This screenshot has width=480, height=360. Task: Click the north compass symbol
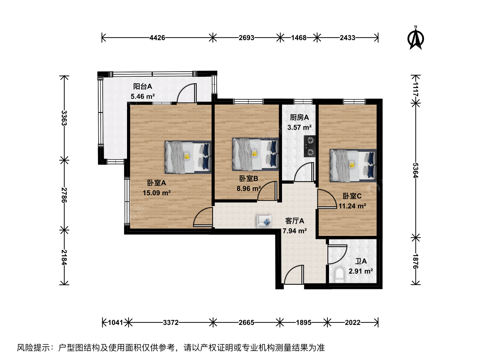click(x=415, y=38)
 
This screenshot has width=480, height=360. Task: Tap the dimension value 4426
click(x=157, y=38)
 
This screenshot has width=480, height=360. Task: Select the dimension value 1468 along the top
click(x=298, y=38)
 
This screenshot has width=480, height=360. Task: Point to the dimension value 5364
click(x=415, y=170)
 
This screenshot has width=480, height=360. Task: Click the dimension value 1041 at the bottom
click(x=115, y=322)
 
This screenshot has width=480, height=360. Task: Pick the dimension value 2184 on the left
click(x=64, y=257)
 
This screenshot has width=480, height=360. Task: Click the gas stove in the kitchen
click(x=310, y=146)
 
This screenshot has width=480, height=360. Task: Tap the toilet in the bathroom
click(x=339, y=275)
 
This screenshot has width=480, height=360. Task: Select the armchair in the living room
click(x=264, y=221)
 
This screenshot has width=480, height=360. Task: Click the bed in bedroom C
click(x=353, y=165)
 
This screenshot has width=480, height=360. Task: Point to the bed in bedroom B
click(x=255, y=154)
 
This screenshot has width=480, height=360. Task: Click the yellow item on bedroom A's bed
click(x=187, y=156)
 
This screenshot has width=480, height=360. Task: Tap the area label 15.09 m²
click(x=157, y=193)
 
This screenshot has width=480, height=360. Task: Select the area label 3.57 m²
click(x=299, y=127)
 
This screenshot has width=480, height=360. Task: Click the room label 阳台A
click(x=143, y=87)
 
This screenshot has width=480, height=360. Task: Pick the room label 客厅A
click(x=295, y=221)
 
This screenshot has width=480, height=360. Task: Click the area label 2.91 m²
click(x=361, y=271)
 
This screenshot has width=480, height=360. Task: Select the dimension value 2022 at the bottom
click(x=353, y=322)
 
